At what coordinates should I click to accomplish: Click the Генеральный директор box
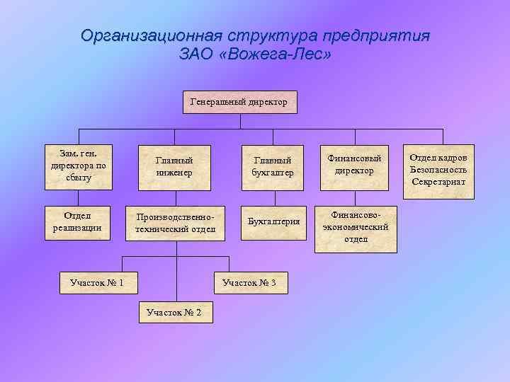click(x=239, y=102)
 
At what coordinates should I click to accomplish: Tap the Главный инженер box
click(x=174, y=167)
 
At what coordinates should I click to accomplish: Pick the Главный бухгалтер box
click(x=273, y=167)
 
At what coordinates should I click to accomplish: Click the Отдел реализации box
click(x=78, y=221)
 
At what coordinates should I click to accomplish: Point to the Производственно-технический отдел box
click(x=175, y=223)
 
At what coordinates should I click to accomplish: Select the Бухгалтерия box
click(x=273, y=221)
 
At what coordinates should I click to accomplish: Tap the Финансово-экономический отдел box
click(x=356, y=228)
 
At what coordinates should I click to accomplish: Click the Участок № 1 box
click(x=97, y=284)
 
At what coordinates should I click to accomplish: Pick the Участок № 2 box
click(x=174, y=312)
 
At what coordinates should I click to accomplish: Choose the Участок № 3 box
click(x=254, y=284)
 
